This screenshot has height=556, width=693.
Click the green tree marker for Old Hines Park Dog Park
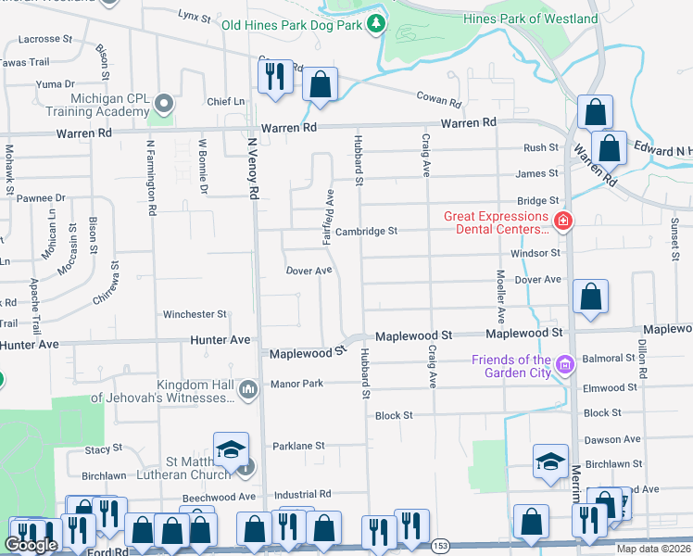pos(376,22)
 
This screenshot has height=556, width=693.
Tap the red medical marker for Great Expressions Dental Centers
pos(562,221)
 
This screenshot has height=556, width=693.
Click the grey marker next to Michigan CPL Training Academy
pos(165,103)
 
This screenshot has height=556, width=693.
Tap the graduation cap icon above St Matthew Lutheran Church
pos(231,451)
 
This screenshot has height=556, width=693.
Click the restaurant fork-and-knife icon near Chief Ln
pos(275,79)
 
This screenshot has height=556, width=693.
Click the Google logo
pos(31,545)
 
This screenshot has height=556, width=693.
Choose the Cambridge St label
pos(366,231)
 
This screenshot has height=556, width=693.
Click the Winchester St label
pos(195,315)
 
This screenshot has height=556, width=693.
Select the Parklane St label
pos(298,446)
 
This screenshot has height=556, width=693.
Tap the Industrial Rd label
pos(302,495)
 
